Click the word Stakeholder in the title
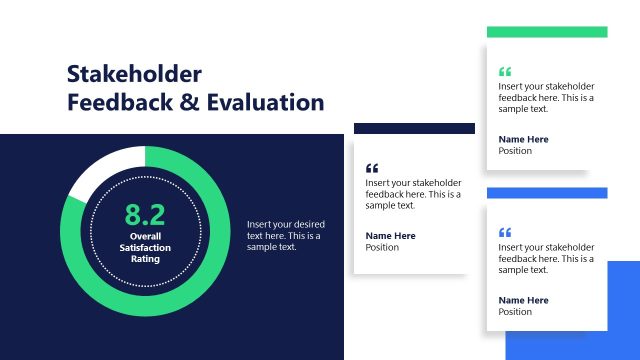(134, 74)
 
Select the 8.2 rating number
(144, 214)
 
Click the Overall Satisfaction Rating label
(145, 247)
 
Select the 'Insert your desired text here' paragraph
(285, 235)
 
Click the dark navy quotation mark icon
(373, 168)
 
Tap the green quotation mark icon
(505, 72)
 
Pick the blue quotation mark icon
(505, 232)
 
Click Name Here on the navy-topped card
(390, 236)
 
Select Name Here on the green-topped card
(523, 139)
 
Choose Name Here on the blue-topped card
(523, 300)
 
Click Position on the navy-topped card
(382, 248)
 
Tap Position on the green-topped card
(515, 151)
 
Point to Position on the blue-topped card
(515, 312)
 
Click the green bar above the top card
(547, 32)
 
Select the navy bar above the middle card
(414, 128)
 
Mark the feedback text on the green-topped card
(546, 97)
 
